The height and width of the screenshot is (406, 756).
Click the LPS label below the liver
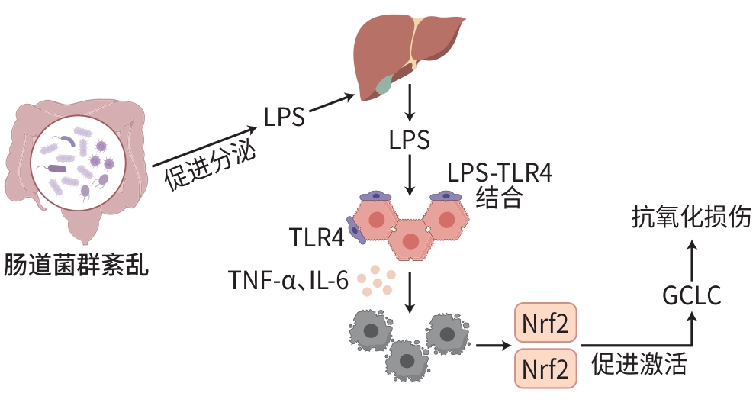click(x=409, y=140)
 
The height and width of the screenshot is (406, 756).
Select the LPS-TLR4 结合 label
click(x=499, y=185)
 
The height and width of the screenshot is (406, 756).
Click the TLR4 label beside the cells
click(x=317, y=237)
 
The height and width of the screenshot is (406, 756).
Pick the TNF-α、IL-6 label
click(x=288, y=281)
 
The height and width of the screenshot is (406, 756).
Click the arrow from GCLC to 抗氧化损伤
click(x=692, y=257)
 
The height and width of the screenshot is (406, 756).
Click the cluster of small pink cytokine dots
click(x=378, y=280)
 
